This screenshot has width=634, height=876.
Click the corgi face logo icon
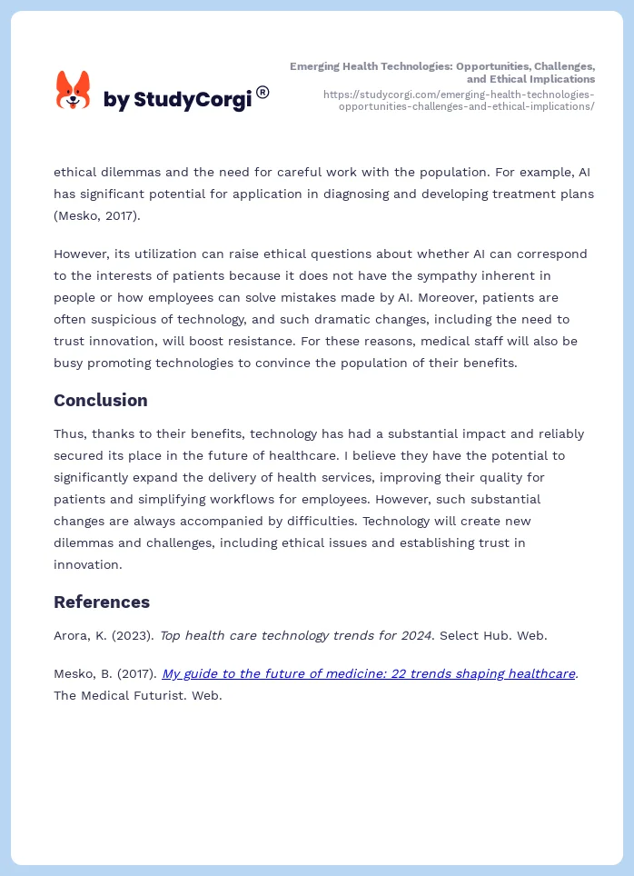click(x=74, y=91)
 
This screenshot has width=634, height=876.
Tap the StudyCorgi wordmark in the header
click(x=177, y=99)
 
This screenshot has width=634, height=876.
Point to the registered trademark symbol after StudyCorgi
click(x=263, y=92)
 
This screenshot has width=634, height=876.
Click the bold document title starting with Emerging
click(x=442, y=73)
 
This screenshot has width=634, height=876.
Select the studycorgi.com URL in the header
click(x=459, y=100)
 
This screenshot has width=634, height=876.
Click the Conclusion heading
click(x=100, y=400)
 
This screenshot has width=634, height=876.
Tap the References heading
click(x=102, y=602)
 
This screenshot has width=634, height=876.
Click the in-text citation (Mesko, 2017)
click(x=96, y=215)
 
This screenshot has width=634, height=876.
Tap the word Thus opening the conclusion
click(x=69, y=433)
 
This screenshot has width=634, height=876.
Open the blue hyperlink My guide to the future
click(x=369, y=673)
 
